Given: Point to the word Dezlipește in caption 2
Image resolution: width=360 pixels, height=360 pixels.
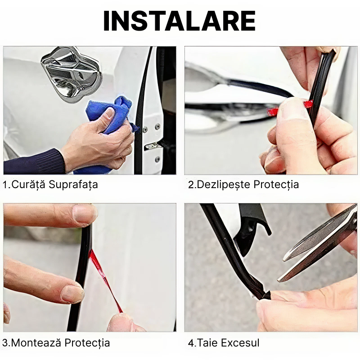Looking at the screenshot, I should pyautogui.click(x=223, y=184).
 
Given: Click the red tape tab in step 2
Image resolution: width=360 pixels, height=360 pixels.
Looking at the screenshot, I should pyautogui.click(x=308, y=104).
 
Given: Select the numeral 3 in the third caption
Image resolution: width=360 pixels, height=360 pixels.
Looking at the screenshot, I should pyautogui.click(x=6, y=343).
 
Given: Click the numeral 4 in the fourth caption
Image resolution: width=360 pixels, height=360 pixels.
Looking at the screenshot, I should pyautogui.click(x=191, y=343).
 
